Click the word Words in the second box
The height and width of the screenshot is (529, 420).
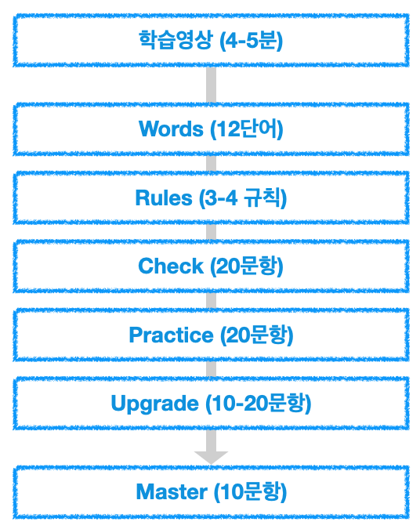171,129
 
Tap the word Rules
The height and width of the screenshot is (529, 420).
164,197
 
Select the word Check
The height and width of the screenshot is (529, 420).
171,266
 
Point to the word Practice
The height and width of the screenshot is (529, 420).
171,335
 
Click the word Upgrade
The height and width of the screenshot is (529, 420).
155,404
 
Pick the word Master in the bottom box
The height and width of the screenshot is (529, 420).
172,491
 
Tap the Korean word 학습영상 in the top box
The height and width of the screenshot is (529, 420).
176,40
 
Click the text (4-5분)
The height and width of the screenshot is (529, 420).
252,40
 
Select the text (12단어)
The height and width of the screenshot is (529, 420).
247,129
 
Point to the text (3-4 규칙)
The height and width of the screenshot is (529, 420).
243,197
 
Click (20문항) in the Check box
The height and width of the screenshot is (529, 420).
247,266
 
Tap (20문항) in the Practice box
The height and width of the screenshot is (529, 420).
257,335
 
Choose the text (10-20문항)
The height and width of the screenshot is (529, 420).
259,404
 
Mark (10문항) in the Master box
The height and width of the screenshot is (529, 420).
250,492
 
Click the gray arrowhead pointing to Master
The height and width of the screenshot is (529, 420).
212,458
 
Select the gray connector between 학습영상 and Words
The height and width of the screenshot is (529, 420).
212,85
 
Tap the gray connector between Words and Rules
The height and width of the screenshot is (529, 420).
212,163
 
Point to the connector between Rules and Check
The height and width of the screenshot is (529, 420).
212,232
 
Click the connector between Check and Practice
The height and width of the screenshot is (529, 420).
212,300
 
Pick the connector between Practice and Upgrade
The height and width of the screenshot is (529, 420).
212,369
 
